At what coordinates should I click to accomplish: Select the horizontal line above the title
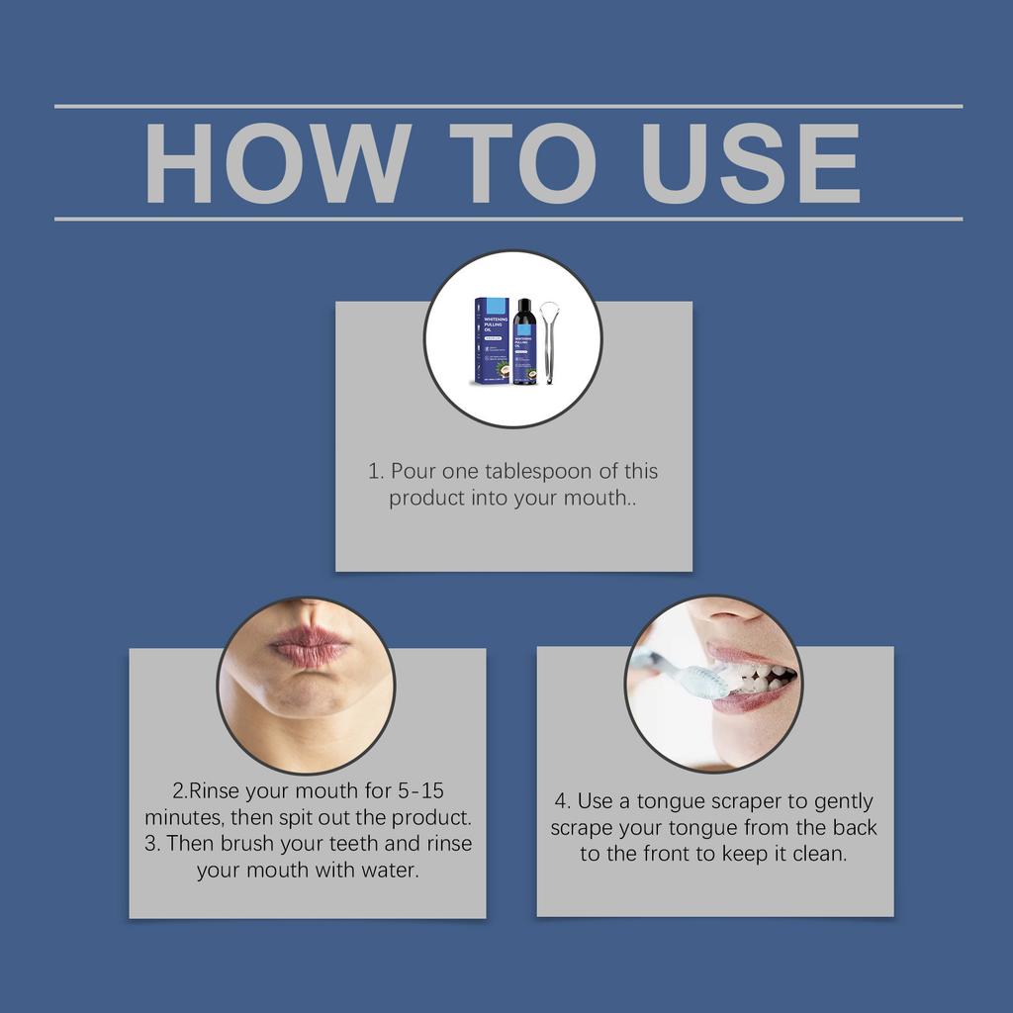[508, 106]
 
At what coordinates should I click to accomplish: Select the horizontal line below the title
[508, 219]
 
